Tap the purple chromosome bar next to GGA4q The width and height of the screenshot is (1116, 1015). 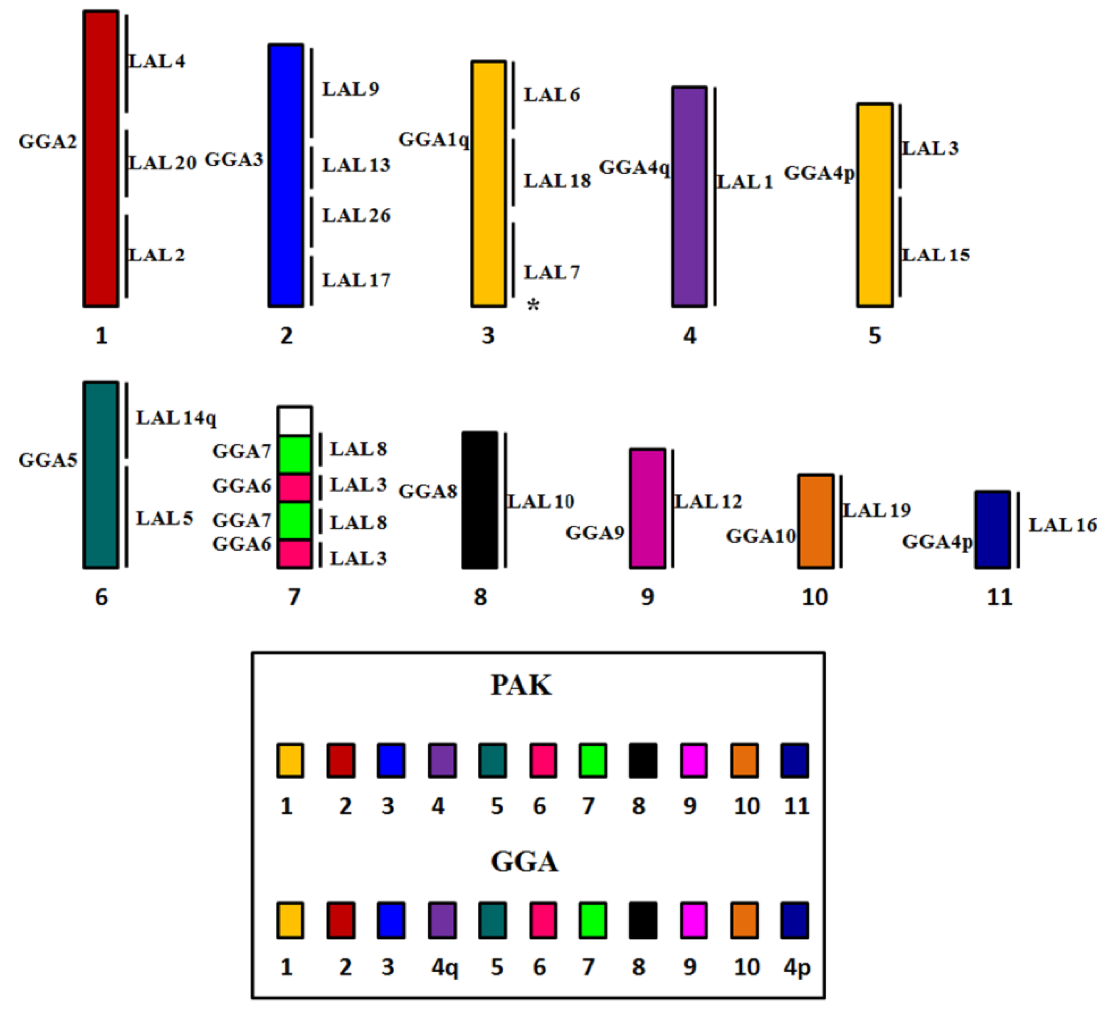689,197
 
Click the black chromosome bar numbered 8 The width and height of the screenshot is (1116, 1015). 479,500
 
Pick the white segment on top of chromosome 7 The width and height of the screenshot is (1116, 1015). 294,421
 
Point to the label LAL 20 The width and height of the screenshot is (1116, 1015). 162,163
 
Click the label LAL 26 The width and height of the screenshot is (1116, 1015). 356,215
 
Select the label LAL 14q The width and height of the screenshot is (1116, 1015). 176,418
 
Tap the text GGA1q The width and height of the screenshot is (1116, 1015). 433,139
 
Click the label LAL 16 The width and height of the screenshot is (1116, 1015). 1062,525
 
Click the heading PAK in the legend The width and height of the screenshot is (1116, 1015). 521,685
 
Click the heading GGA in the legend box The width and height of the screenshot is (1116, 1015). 524,862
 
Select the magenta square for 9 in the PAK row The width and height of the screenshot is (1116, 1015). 694,761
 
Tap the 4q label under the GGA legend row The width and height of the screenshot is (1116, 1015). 444,967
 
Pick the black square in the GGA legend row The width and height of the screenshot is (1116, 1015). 643,920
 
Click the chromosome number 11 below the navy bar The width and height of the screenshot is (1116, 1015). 999,597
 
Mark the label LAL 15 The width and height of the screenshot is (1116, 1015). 936,255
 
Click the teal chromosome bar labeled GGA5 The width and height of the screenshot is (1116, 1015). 101,475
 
